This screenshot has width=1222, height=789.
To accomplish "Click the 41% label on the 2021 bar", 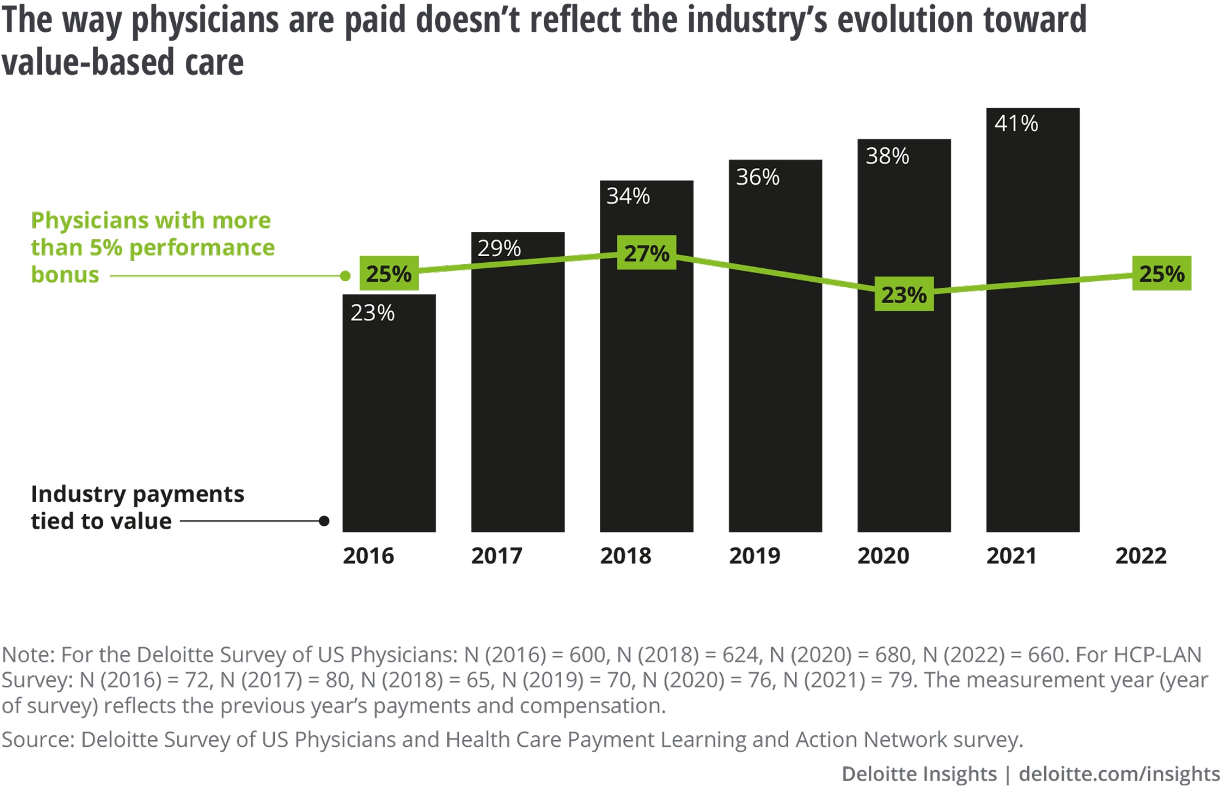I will click(1016, 124).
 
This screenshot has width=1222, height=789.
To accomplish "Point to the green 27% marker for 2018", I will click(646, 253).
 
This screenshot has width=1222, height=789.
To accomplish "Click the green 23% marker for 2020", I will click(904, 295).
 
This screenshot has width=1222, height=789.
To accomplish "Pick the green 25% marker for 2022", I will click(1161, 273).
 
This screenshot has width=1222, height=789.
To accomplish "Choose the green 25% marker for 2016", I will click(389, 273).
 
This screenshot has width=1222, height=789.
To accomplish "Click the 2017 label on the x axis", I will click(497, 556).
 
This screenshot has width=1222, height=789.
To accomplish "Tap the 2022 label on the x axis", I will click(1141, 556).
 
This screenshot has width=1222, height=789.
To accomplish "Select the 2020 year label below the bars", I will click(883, 556).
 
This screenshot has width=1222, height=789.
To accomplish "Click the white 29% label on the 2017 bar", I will click(499, 248).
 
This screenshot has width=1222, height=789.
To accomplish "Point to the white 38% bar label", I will click(887, 156).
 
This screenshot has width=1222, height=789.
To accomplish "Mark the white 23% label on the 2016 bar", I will click(373, 313).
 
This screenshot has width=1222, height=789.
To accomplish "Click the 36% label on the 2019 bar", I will click(758, 177).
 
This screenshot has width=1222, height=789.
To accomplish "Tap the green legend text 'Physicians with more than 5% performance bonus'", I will click(153, 247).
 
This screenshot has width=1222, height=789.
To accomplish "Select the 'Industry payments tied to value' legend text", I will click(137, 507).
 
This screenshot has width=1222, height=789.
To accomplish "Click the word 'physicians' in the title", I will click(205, 21).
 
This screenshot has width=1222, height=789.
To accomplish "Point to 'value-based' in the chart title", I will click(89, 63).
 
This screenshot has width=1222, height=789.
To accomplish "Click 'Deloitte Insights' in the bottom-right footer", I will click(919, 774).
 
